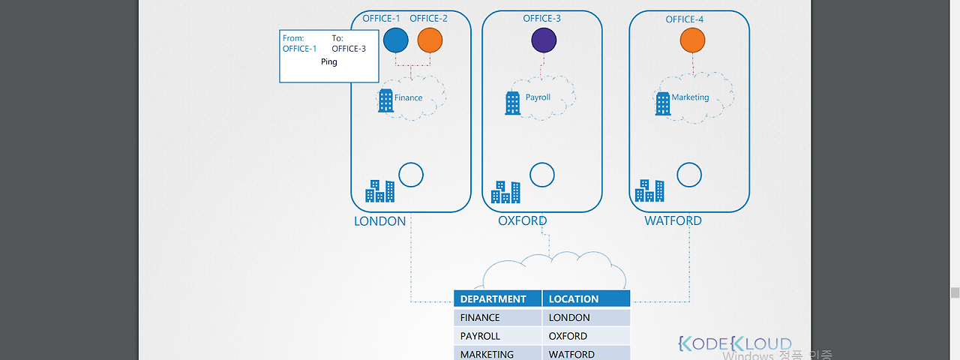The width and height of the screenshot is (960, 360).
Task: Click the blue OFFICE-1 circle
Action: coord(395,40)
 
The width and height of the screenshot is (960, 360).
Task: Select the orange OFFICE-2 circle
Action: coord(430,40)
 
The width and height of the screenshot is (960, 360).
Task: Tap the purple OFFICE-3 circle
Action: coord(543,40)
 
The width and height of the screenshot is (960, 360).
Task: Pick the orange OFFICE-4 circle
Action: coord(692,40)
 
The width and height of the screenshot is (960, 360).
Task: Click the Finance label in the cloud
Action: coord(408,97)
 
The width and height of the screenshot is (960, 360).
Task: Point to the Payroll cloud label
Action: coord(538,97)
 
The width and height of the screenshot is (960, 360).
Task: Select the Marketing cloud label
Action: coord(690,97)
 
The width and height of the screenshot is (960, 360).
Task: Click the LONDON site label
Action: coord(379,221)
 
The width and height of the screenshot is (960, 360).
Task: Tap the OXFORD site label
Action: coord(523,221)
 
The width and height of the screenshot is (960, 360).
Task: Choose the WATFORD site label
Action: coord(673,221)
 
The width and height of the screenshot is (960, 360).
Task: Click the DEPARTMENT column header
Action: coord(493,298)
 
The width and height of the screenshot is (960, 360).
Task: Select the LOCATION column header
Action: coord(573,298)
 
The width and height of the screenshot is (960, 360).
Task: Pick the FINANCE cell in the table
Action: coord(480,317)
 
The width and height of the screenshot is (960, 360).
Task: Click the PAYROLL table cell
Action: coord(480,336)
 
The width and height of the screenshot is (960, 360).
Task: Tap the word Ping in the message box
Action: coord(328,62)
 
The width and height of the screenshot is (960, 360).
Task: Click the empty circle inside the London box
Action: coord(410,175)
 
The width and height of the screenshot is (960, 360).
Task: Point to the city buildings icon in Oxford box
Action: coord(505,192)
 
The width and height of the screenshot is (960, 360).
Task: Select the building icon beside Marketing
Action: coord(662,103)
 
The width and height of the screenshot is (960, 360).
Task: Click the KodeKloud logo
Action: coord(734,343)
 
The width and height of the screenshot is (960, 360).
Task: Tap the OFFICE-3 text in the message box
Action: coord(349,49)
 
